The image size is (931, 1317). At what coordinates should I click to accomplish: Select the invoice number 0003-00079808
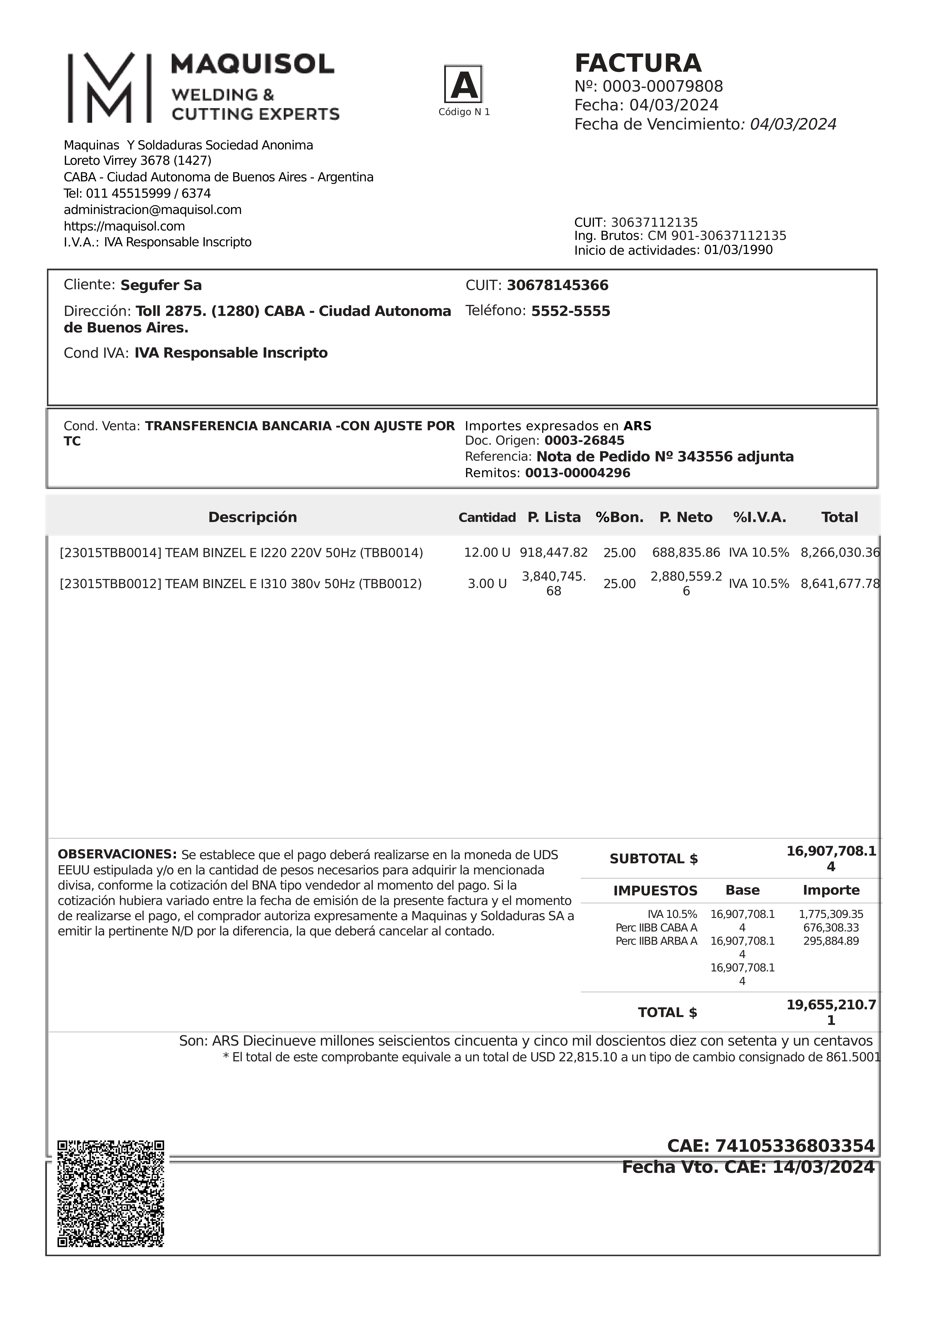(662, 87)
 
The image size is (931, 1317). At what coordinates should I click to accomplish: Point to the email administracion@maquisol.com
(153, 210)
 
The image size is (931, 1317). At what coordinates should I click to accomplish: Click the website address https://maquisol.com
(124, 226)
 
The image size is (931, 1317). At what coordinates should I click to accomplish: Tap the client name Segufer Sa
(161, 286)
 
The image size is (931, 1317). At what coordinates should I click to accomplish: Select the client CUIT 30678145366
(558, 286)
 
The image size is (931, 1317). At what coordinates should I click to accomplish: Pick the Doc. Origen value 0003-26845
(584, 441)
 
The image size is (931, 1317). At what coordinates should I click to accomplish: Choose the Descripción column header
(252, 517)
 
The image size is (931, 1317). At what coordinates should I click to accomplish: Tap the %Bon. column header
(619, 517)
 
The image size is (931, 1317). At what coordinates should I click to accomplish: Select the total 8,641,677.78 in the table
(840, 584)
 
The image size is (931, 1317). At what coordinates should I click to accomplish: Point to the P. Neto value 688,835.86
(686, 553)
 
